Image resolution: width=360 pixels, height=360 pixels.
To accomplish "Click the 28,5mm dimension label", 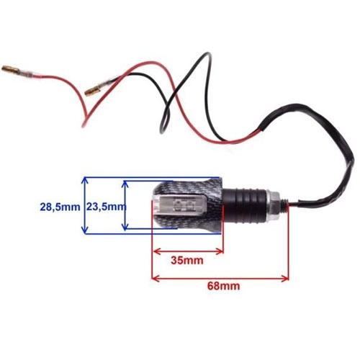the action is [60, 207].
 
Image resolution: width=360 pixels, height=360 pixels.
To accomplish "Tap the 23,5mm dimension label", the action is [107, 207].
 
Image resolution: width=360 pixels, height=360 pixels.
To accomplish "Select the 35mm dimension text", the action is [187, 260].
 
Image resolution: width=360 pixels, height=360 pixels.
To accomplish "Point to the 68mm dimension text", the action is [223, 286].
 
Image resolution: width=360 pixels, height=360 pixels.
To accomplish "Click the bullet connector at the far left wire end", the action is [11, 69].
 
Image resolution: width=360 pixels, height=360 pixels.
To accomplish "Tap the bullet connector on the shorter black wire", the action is [91, 91].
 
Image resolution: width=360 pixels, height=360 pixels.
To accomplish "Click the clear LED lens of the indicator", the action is [179, 206].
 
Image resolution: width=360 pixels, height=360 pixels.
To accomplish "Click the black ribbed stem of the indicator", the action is [245, 204].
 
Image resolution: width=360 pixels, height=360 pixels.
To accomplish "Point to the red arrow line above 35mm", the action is [188, 251].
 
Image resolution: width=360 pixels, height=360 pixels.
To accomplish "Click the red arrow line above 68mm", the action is [220, 279].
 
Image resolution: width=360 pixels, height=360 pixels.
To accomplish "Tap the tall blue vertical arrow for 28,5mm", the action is [84, 205].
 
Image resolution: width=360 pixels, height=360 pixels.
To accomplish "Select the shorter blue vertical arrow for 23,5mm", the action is [125, 205].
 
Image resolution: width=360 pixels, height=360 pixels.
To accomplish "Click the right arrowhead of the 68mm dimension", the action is [286, 279].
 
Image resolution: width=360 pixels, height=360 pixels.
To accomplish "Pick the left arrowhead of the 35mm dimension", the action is [156, 251].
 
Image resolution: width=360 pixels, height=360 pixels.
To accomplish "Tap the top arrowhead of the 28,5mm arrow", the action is [84, 181].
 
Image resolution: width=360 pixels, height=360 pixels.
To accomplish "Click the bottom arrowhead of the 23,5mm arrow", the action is [125, 227].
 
